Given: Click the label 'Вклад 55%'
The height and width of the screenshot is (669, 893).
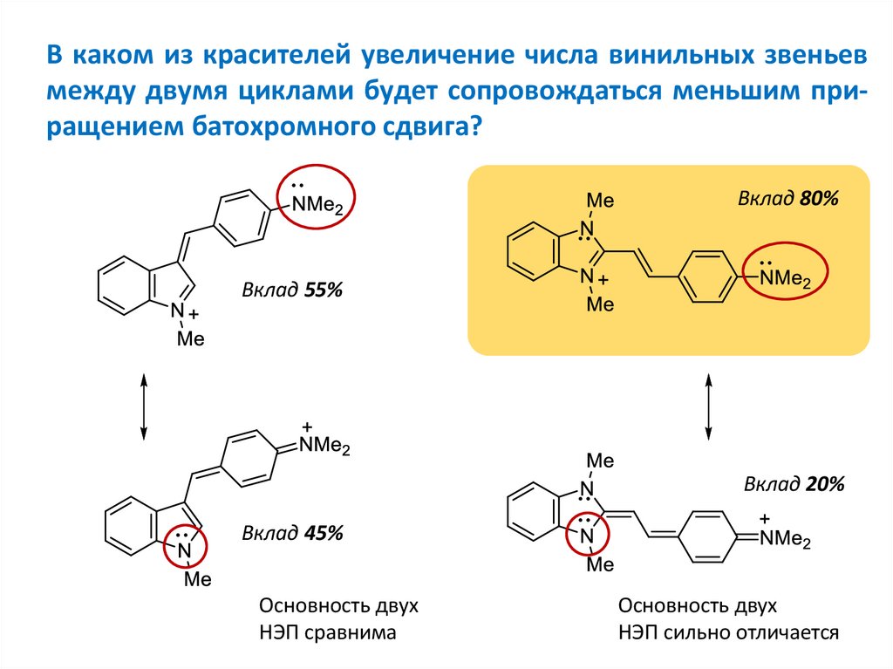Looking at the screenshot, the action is [x=292, y=290].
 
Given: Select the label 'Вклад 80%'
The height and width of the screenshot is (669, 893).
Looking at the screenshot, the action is [x=787, y=199].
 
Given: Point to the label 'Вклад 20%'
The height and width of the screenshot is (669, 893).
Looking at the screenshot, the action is [x=794, y=484].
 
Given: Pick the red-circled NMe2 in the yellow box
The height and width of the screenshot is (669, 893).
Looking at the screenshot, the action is [x=782, y=276].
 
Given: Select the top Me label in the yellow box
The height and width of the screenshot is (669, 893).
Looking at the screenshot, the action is [x=600, y=201].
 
